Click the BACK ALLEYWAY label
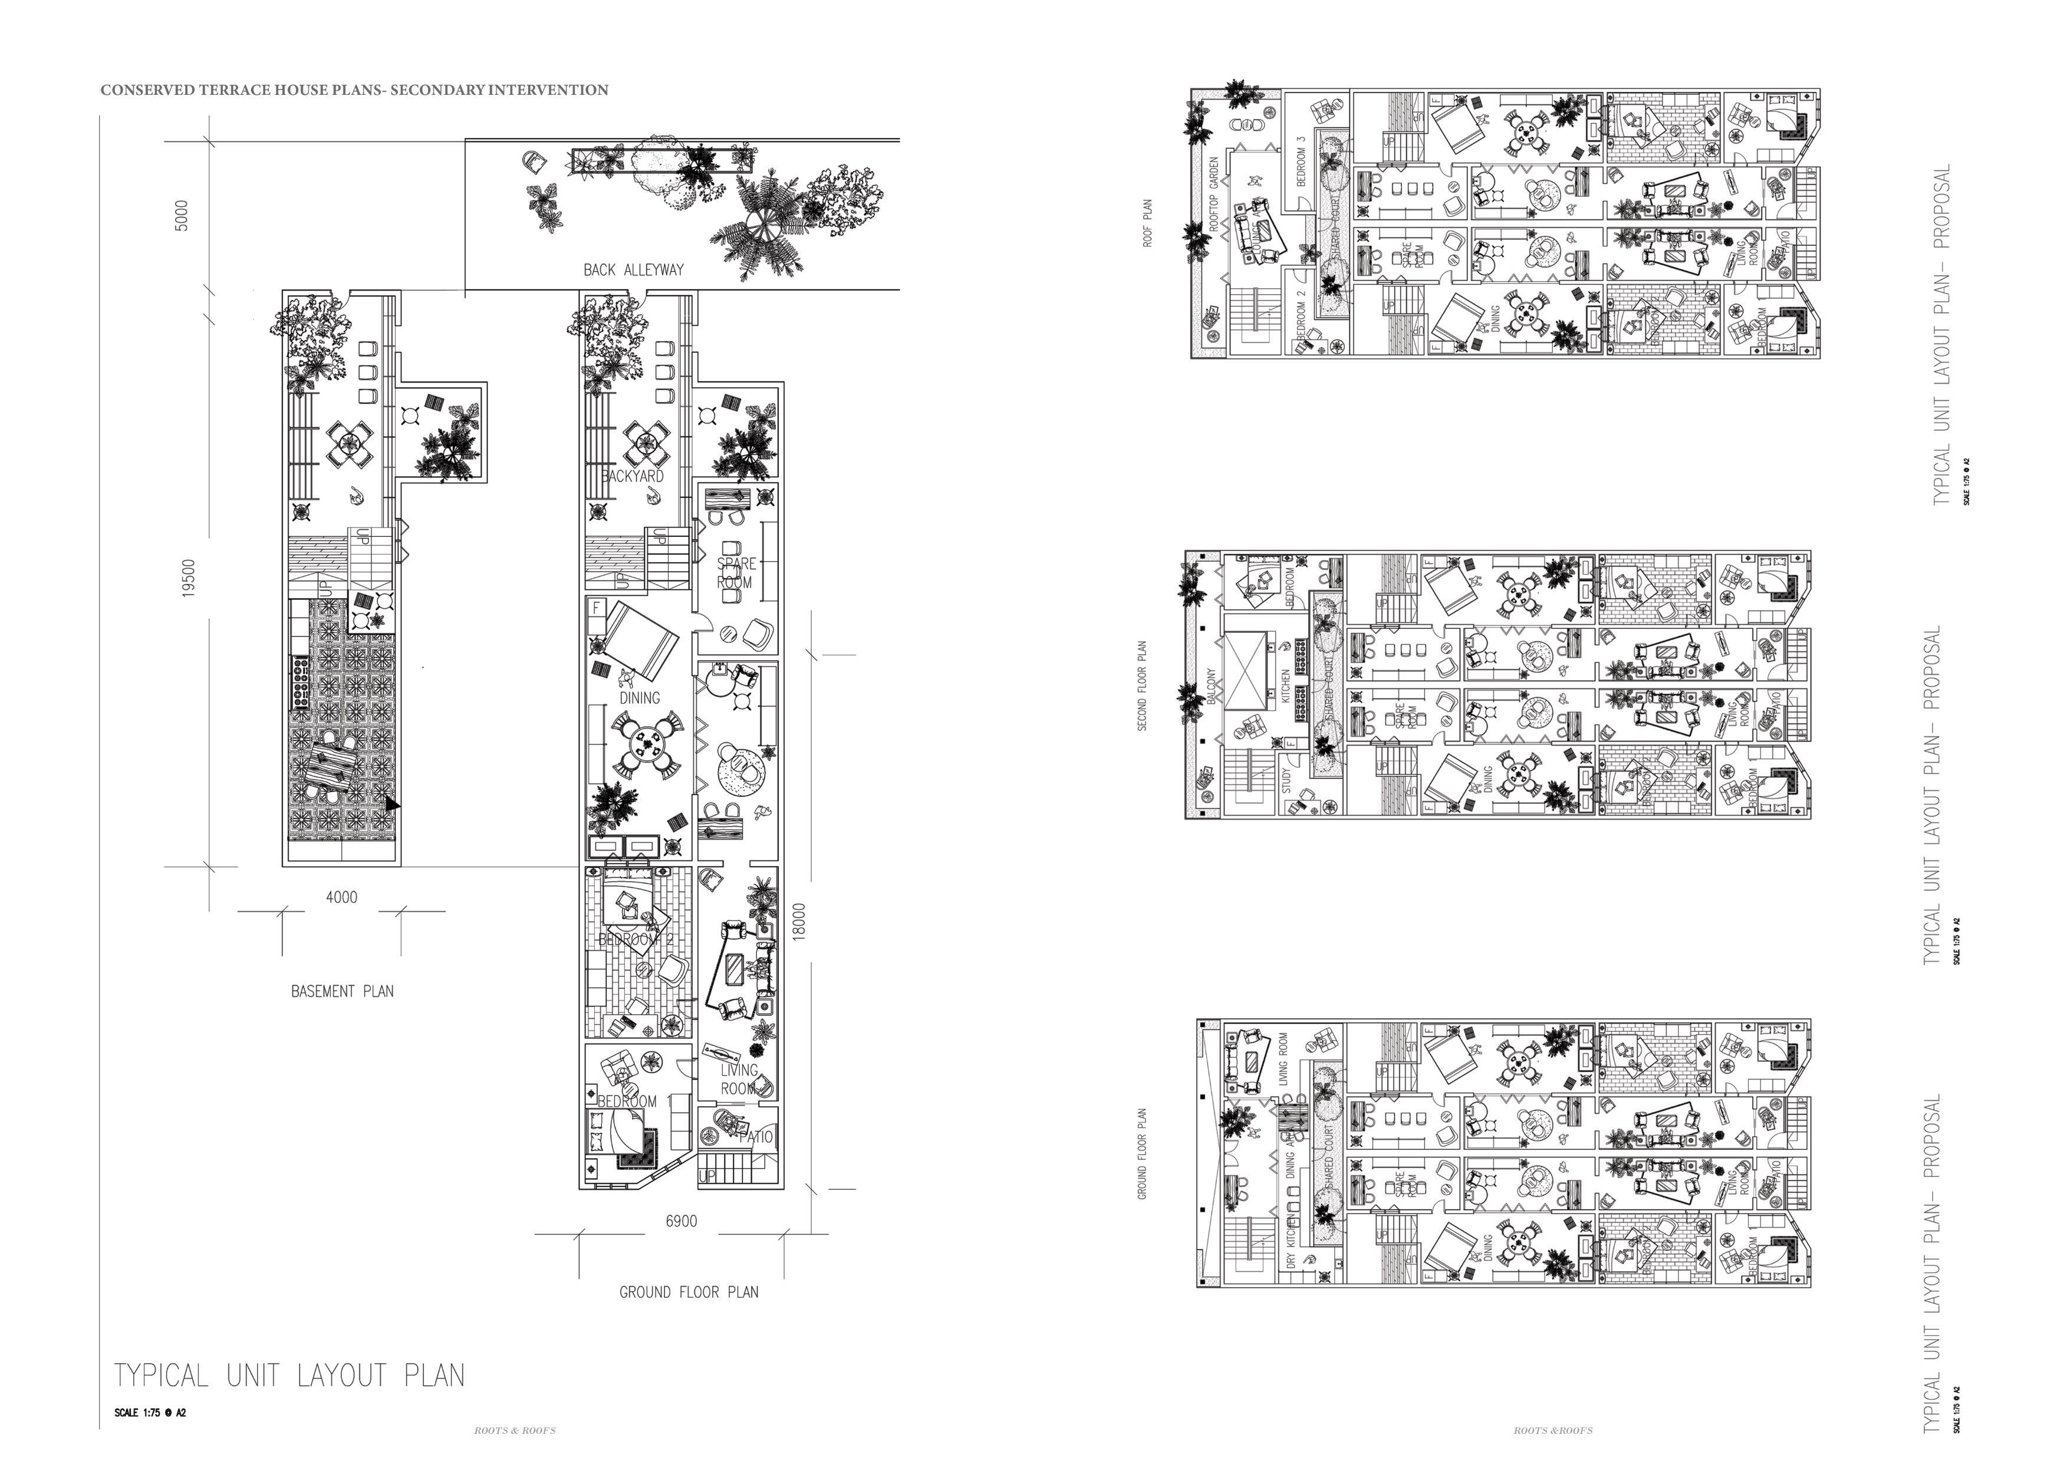coord(633,269)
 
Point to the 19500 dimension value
coord(188,578)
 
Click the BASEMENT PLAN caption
coord(342,991)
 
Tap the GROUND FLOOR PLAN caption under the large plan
coord(689,1292)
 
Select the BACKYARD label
coord(633,476)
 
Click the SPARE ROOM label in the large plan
coord(736,572)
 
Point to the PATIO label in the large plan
coord(756,1137)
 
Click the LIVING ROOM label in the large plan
coord(739,1079)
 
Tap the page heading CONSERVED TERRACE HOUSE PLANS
coord(354,90)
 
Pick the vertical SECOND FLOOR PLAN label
coord(1143,686)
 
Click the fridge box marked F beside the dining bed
coord(595,609)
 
